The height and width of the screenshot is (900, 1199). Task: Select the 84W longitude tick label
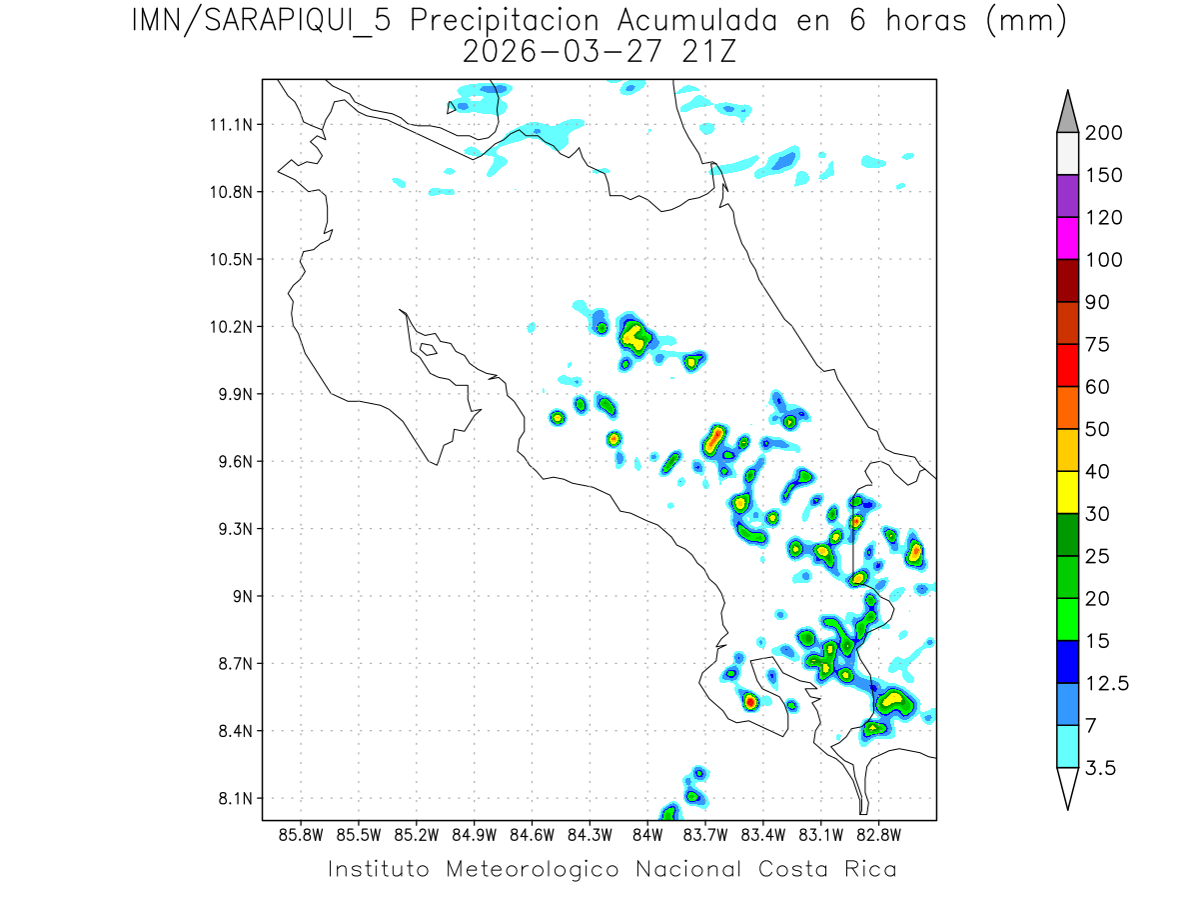click(x=647, y=834)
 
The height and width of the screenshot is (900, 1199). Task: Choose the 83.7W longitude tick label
click(x=705, y=834)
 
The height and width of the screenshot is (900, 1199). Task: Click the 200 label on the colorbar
click(x=1104, y=133)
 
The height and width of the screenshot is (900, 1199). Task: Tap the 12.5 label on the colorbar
click(x=1108, y=683)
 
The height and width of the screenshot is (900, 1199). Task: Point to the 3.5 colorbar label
click(x=1101, y=767)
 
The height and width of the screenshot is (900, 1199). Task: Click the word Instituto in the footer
click(x=380, y=868)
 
